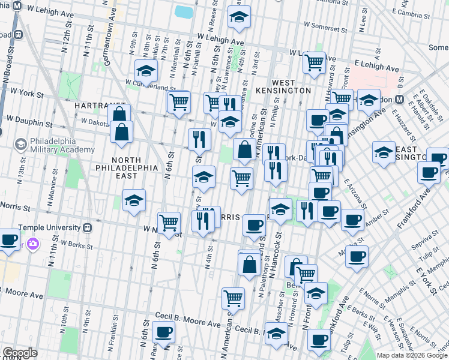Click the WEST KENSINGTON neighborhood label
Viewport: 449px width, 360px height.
[291, 86]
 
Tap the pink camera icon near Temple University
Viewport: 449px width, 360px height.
[32, 244]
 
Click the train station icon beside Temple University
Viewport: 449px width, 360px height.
[88, 228]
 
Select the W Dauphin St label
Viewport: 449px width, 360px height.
[26, 122]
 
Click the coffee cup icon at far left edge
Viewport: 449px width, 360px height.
[8, 239]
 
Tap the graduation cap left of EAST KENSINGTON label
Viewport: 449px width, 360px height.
[383, 152]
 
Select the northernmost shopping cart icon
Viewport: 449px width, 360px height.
[313, 61]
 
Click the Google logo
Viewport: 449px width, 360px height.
[20, 353]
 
